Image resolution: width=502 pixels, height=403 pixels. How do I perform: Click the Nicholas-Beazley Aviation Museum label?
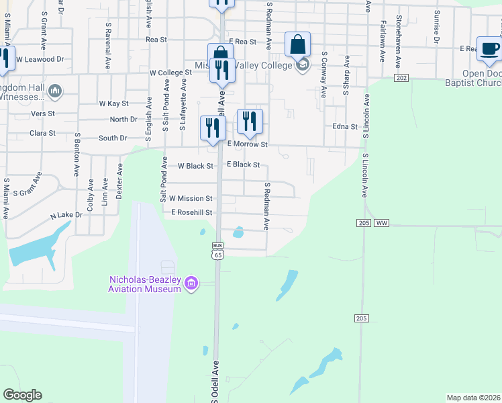(146, 284)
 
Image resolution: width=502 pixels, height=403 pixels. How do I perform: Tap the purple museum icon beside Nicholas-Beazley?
(192, 284)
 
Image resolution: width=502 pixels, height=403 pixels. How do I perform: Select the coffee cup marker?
(489, 50)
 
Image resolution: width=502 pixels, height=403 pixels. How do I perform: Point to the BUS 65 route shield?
(217, 251)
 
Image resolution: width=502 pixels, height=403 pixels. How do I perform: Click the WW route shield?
(382, 222)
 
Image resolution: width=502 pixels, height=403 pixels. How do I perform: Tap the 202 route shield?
(401, 79)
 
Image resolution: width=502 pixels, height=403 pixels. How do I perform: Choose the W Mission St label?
(191, 199)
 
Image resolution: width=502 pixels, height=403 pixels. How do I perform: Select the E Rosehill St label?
(191, 212)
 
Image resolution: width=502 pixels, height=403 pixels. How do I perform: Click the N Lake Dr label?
(66, 216)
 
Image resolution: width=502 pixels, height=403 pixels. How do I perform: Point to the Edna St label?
(345, 126)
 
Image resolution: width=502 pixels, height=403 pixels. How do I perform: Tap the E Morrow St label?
(248, 144)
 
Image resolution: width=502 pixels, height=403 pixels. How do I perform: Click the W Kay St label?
(113, 103)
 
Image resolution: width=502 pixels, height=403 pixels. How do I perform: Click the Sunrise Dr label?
(437, 27)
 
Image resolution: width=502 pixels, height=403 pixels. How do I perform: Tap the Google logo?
(22, 395)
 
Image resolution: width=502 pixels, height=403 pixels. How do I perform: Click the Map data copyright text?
(473, 397)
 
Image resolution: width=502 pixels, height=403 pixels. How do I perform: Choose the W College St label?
(170, 73)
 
